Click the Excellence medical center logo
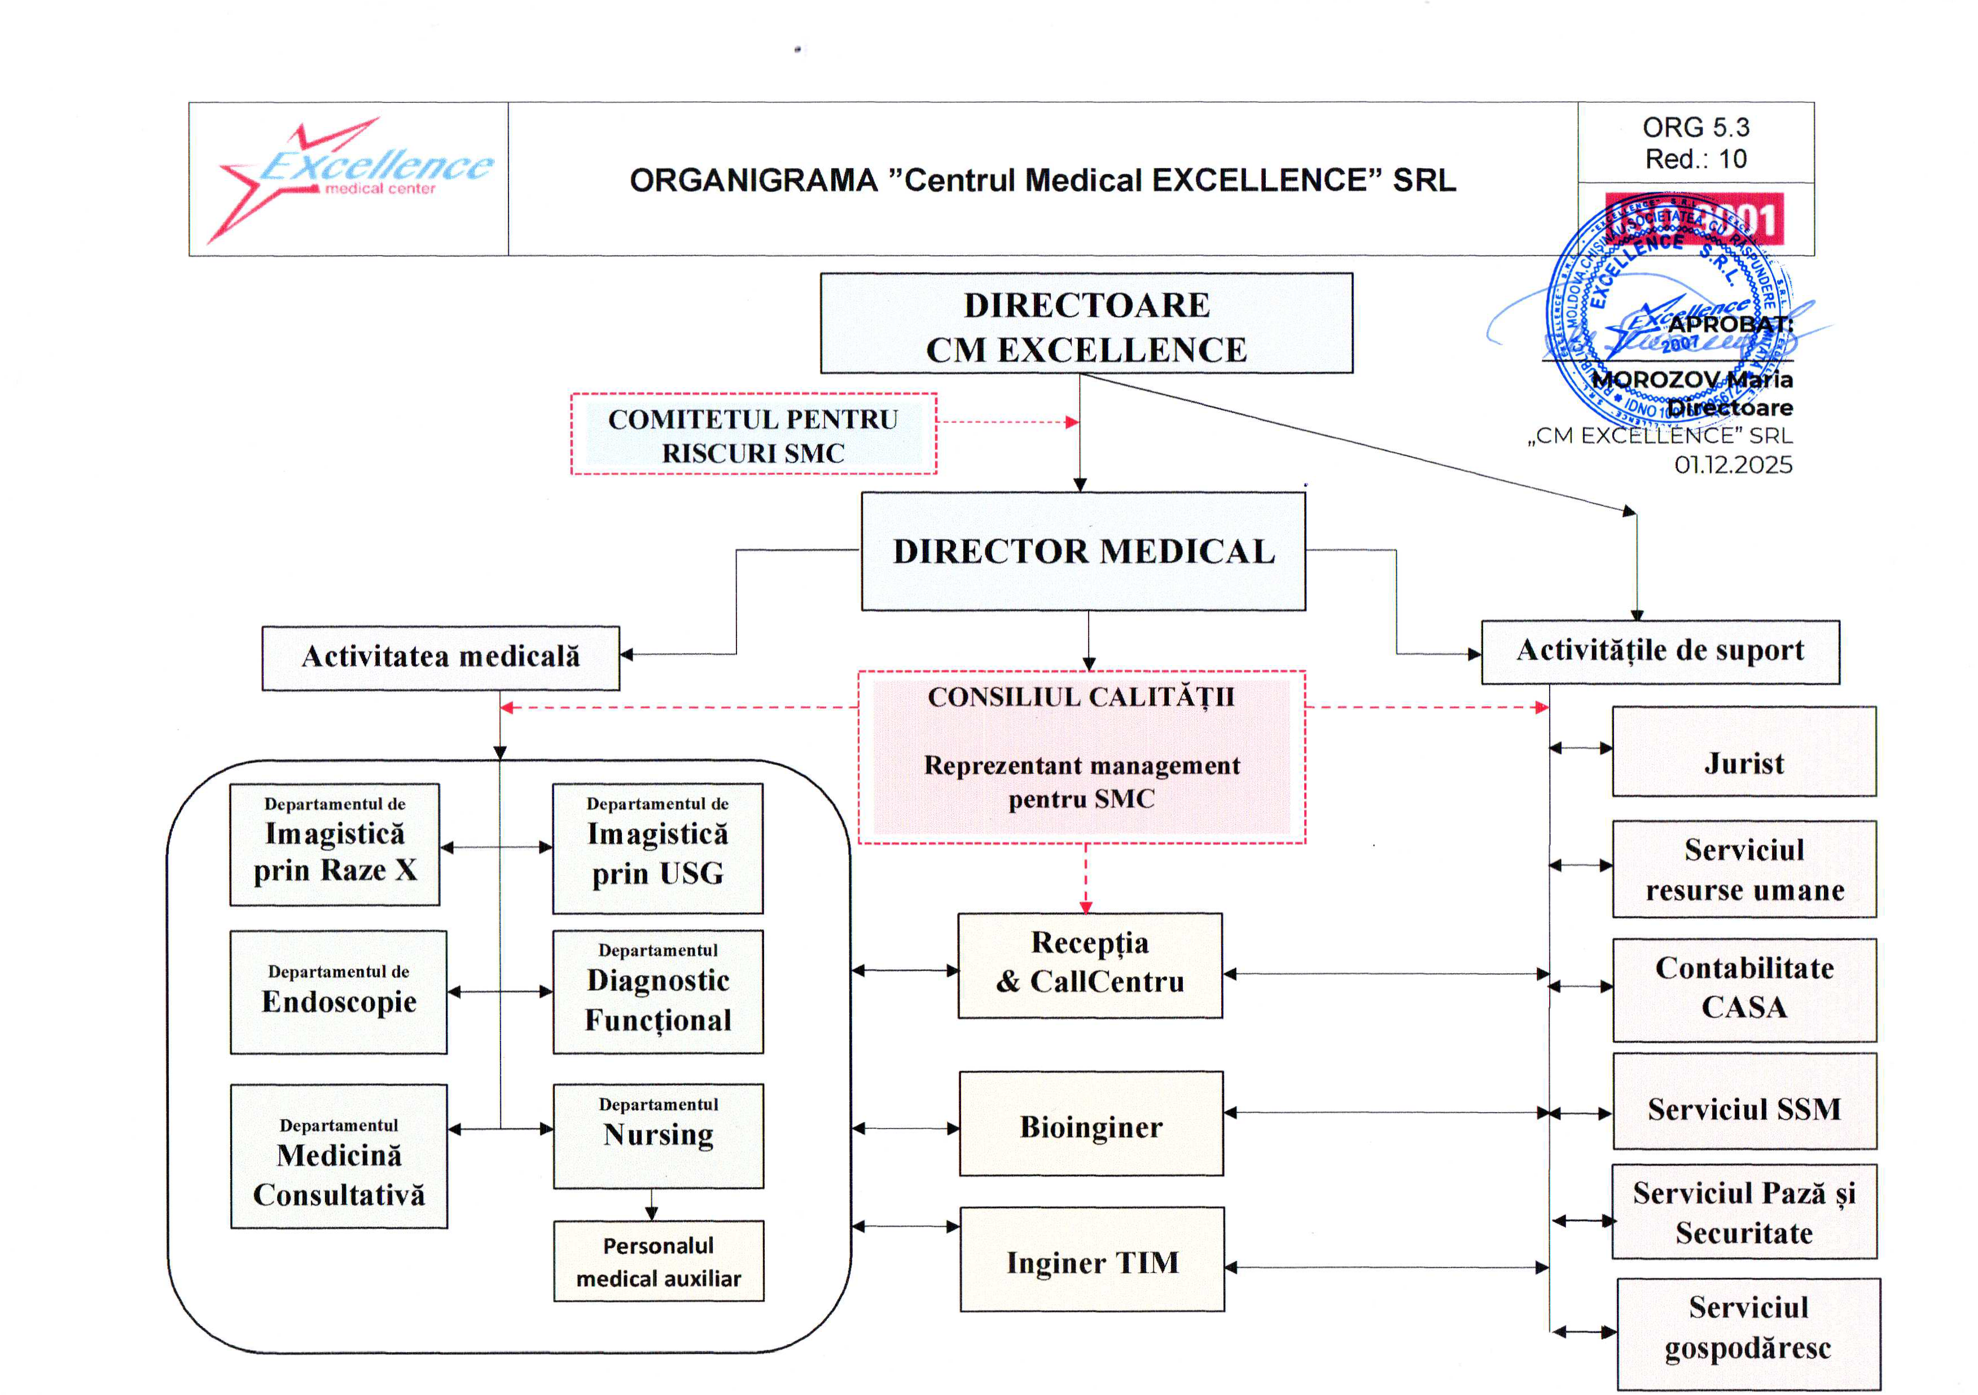pos(349,178)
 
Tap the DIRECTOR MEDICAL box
pos(1083,552)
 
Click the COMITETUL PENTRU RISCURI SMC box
pos(753,434)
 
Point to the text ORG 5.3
pos(1695,128)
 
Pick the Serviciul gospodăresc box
pos(1747,1328)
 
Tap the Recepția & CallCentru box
pos(1089,965)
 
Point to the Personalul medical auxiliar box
pos(658,1261)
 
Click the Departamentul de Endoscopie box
pos(339,992)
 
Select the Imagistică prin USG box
pos(657,848)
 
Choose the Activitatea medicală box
pos(440,658)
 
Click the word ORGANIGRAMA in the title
pos(753,180)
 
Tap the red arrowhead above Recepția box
pos(1085,907)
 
